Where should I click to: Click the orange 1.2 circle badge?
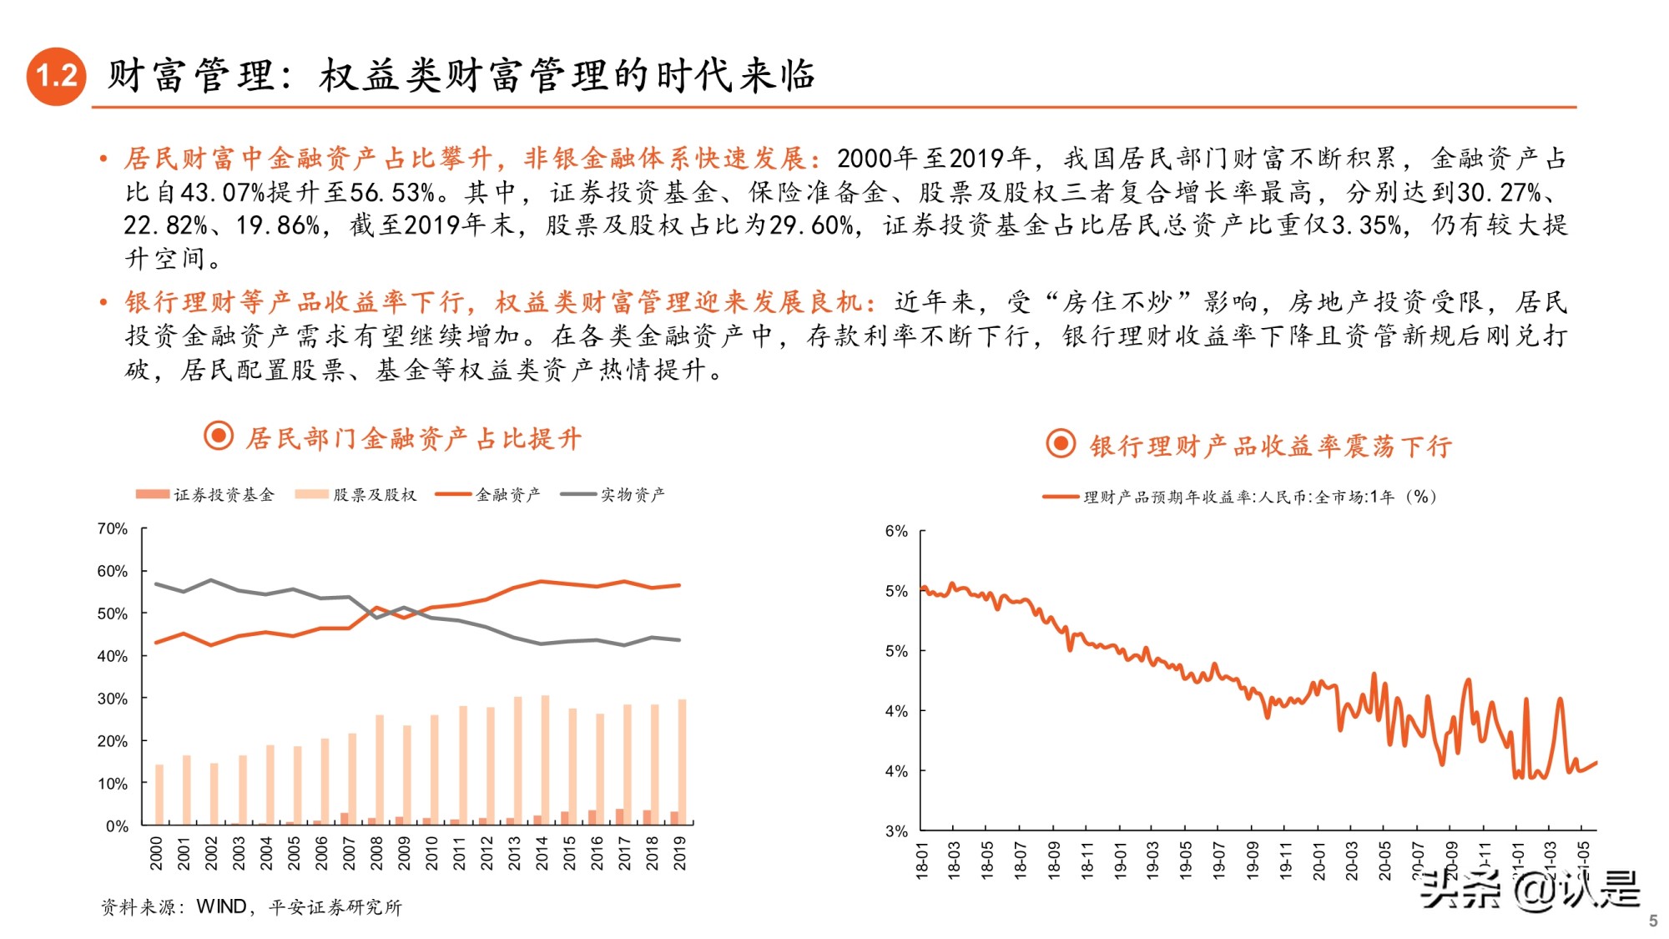56,76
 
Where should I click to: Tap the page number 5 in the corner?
1652,921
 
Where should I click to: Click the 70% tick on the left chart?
112,528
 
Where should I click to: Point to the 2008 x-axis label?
376,853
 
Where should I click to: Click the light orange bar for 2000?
159,793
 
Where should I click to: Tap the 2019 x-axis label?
680,853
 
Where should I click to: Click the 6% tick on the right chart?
896,531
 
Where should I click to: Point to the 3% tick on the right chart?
896,830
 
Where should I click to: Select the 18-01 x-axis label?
922,860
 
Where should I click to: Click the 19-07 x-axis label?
1219,860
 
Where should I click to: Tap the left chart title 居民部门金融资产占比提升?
413,438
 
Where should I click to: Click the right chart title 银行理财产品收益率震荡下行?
1270,446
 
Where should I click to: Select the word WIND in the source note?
221,906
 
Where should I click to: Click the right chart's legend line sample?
1060,497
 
